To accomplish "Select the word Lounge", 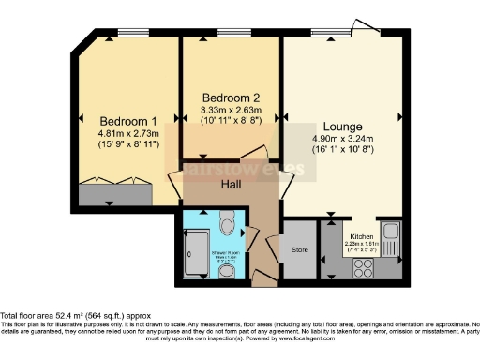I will (342, 125).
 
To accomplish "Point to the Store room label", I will (300, 250).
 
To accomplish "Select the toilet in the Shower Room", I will (227, 226).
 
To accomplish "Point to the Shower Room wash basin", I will (228, 270).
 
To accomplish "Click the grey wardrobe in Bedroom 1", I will (113, 195).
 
